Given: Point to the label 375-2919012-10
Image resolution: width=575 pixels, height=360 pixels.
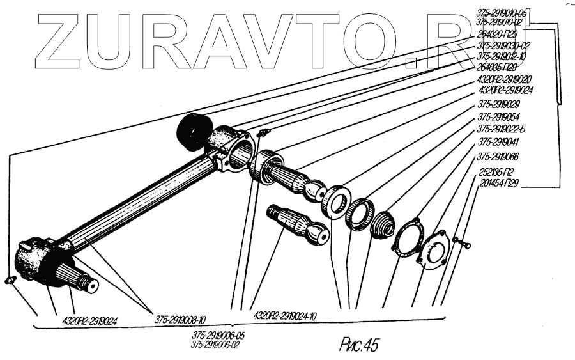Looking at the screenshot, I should point(503,56).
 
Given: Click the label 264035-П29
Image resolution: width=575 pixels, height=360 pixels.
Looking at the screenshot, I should point(500,67).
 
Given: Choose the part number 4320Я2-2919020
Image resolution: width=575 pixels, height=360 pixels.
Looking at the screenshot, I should point(505,80).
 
